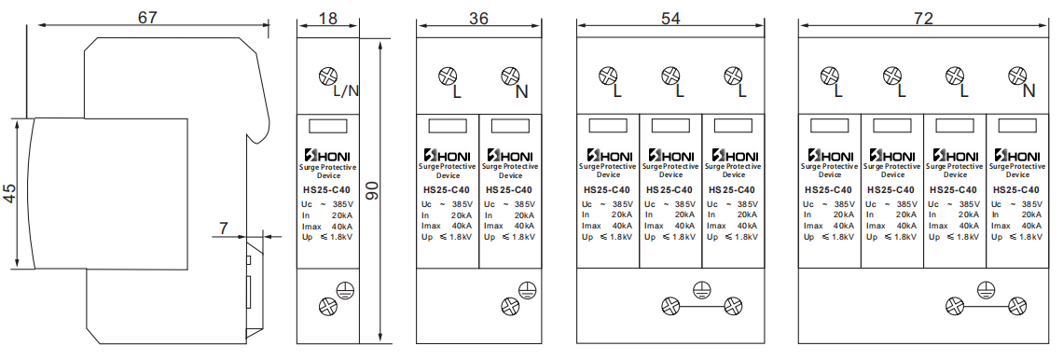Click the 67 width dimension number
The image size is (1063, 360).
click(x=147, y=17)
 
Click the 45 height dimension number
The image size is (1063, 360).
click(x=9, y=193)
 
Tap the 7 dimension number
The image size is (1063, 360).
click(x=224, y=228)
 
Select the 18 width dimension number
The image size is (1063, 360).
click(x=327, y=19)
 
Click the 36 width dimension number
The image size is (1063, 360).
click(x=478, y=19)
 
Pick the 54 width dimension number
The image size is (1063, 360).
click(x=670, y=19)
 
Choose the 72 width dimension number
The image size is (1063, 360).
click(x=923, y=19)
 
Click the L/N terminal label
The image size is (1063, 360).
click(x=346, y=90)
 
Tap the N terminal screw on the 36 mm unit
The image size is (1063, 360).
click(x=509, y=76)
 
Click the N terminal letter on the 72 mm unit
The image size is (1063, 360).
click(x=1028, y=90)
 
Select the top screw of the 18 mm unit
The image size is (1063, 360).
click(x=327, y=76)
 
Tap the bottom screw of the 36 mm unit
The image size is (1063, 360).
click(x=509, y=306)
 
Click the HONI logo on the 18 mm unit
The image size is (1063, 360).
click(x=327, y=155)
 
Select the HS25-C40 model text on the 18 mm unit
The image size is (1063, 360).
click(x=327, y=190)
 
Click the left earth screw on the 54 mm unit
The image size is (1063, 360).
click(x=670, y=306)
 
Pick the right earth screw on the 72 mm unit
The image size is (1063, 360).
click(x=1016, y=306)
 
